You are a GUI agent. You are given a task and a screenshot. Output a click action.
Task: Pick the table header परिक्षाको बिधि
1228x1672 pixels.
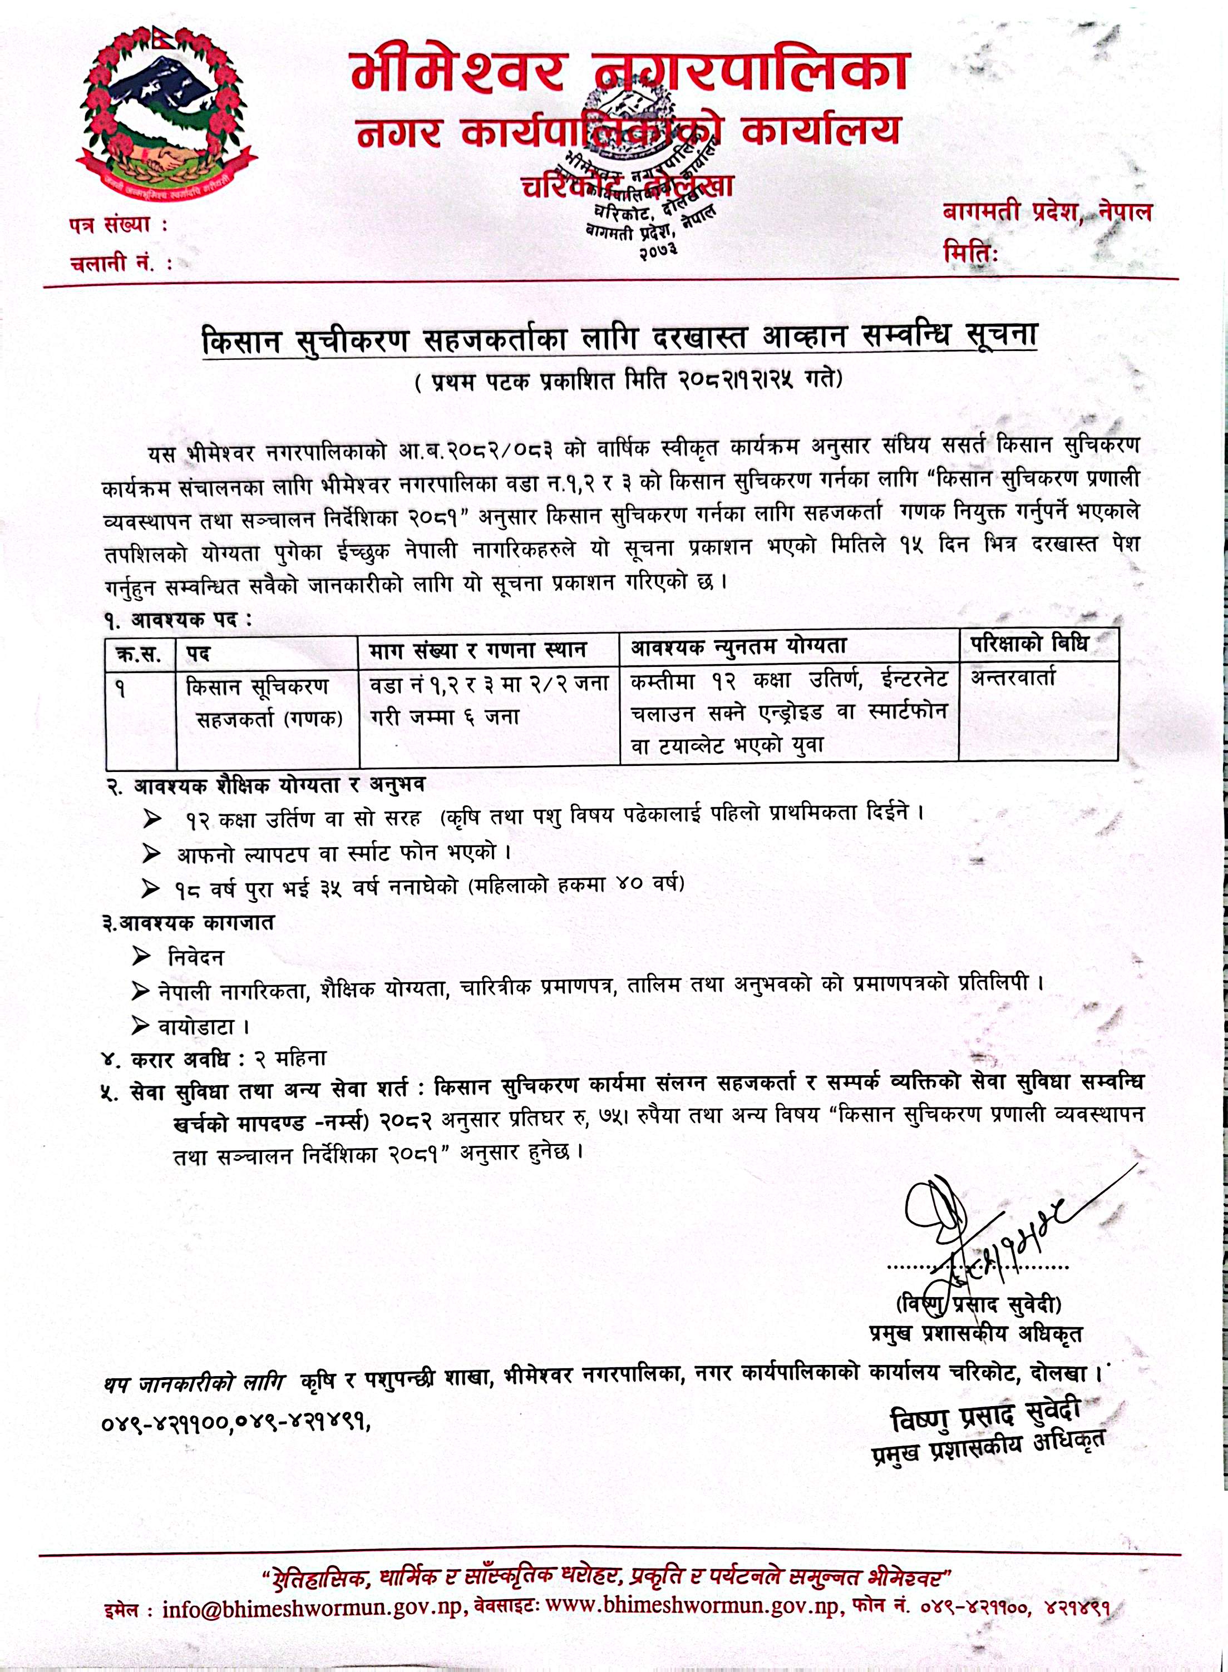tap(1029, 644)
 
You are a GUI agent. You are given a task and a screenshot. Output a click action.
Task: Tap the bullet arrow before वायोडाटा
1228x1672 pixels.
tap(140, 1026)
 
